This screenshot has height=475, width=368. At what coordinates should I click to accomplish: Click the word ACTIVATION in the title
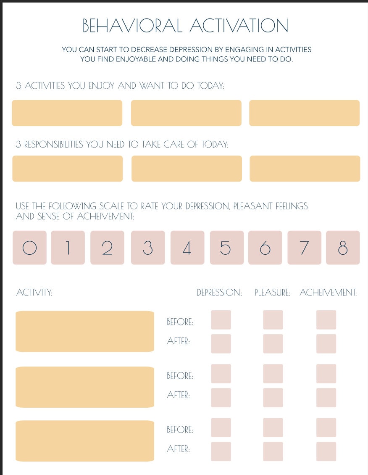click(239, 26)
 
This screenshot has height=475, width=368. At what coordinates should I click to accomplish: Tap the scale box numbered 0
click(29, 248)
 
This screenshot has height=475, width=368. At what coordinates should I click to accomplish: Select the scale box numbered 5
click(226, 248)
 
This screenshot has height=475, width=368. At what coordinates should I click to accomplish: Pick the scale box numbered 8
click(343, 248)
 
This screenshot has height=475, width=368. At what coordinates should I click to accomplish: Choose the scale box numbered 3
click(148, 248)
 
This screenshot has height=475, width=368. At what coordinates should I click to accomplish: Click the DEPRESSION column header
click(219, 293)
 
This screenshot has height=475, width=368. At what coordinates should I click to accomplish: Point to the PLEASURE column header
click(273, 293)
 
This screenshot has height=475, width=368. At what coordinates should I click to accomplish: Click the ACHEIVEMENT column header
click(328, 293)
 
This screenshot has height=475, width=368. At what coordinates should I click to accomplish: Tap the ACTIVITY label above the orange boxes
click(34, 293)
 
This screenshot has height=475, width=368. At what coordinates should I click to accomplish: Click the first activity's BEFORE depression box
click(221, 320)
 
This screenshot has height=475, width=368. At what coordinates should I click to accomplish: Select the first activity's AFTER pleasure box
click(273, 344)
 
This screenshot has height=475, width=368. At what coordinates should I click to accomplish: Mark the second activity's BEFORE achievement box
click(326, 374)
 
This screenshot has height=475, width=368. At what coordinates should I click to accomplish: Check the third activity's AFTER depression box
click(221, 451)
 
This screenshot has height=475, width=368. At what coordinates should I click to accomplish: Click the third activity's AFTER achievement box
click(326, 451)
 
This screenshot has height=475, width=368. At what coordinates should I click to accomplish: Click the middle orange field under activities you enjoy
click(186, 113)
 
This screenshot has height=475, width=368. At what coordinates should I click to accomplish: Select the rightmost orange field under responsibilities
click(305, 169)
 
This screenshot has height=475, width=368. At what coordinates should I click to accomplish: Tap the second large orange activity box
click(85, 387)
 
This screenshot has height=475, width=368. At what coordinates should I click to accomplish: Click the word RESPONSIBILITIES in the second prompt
click(54, 145)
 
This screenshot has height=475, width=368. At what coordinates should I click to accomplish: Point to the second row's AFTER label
click(179, 395)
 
